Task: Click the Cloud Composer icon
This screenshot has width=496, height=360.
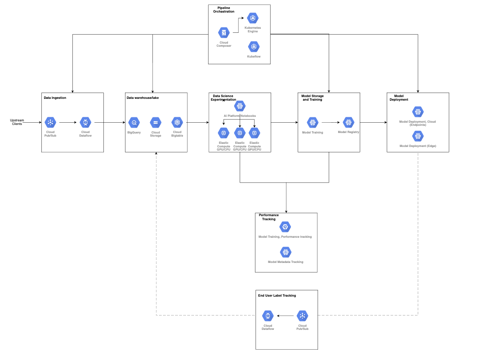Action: (223, 33)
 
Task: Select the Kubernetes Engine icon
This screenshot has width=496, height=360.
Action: (252, 18)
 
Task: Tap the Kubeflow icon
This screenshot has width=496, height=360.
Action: (254, 47)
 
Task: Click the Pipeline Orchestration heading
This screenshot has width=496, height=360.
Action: (223, 10)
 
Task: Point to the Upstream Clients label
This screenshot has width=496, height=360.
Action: (17, 122)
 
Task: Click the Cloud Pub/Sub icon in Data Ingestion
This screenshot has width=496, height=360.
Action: (50, 122)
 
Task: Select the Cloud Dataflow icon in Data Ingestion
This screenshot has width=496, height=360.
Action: (85, 122)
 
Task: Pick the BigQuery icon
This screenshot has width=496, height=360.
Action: (134, 122)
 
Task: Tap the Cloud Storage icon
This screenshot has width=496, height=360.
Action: (155, 122)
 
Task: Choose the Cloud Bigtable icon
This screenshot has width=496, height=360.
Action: (177, 122)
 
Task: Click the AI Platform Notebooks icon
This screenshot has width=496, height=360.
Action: (240, 106)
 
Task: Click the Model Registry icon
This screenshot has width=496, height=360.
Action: (349, 122)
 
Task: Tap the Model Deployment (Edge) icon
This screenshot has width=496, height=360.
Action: (418, 136)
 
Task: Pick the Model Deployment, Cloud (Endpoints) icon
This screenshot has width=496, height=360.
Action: (418, 111)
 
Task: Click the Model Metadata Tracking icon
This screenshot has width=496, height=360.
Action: (285, 252)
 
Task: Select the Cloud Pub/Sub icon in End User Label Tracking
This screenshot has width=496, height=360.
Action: (302, 316)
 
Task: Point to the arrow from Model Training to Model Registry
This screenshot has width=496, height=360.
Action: (332, 122)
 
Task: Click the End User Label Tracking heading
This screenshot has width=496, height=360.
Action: (277, 296)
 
